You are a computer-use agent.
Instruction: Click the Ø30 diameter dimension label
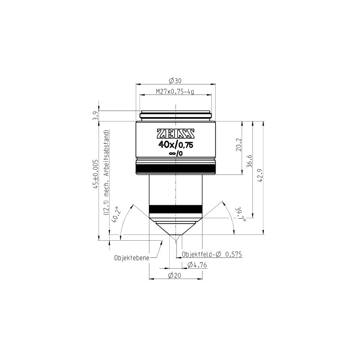click(x=175, y=81)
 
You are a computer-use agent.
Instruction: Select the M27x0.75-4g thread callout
click(x=175, y=92)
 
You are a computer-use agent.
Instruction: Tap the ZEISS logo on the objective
click(x=175, y=134)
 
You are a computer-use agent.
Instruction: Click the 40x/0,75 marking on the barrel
click(x=175, y=144)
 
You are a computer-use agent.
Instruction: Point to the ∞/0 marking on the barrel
click(x=176, y=153)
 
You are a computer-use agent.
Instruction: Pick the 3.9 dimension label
click(x=96, y=116)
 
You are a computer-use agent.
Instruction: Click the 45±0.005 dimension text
click(x=95, y=174)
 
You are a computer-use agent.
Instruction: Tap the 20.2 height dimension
click(x=239, y=144)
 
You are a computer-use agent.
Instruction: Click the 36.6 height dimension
click(x=249, y=161)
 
